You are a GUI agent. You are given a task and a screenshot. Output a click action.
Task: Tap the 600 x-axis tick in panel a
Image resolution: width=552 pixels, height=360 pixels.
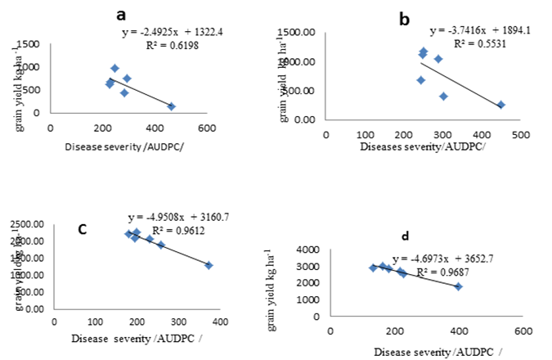point(206,128)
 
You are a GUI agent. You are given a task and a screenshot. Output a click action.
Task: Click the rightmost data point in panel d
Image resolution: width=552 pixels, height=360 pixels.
point(459,286)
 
